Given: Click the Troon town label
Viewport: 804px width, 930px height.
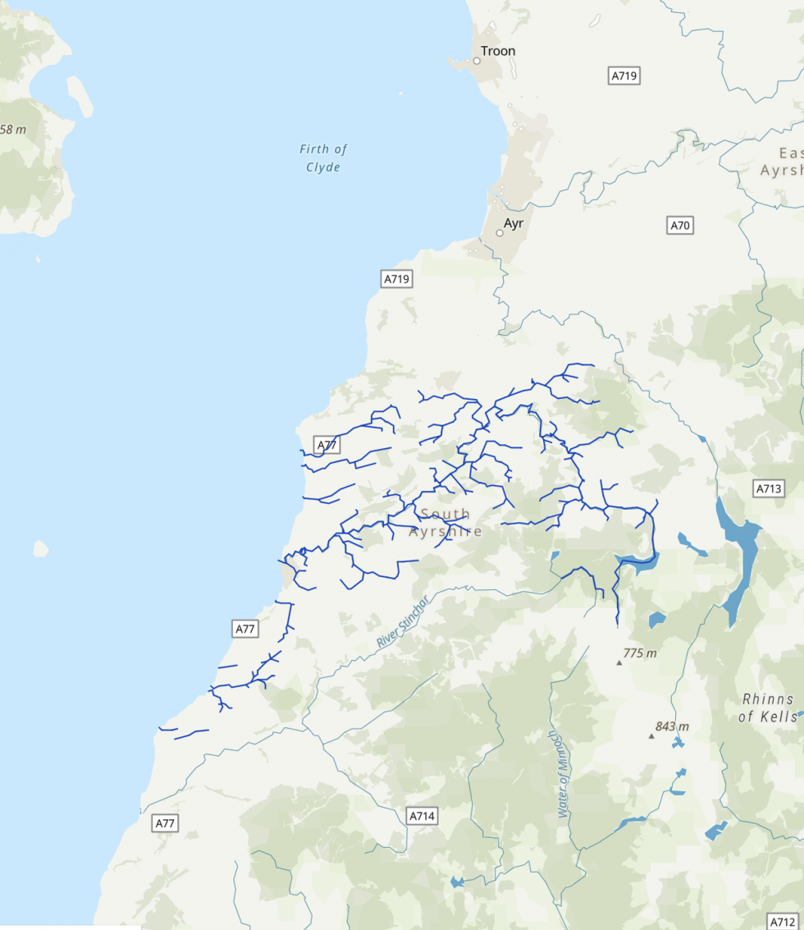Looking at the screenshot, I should [x=498, y=51].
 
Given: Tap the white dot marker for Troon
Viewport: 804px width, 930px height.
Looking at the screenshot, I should [x=477, y=61].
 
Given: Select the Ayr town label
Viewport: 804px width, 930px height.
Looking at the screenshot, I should [x=514, y=223].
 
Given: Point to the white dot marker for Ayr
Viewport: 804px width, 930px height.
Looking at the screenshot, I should [x=500, y=233].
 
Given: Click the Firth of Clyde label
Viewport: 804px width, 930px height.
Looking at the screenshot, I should [x=323, y=158].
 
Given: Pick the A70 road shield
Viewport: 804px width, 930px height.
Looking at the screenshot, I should [x=680, y=225].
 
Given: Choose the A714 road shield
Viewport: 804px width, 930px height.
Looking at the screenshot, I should [x=422, y=816].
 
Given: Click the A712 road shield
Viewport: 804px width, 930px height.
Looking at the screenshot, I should [x=783, y=921].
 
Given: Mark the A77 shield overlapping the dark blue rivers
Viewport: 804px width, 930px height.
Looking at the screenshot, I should [x=327, y=446].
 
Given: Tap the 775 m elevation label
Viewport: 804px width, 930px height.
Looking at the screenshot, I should [x=640, y=653].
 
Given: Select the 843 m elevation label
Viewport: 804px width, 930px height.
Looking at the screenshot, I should [x=672, y=726].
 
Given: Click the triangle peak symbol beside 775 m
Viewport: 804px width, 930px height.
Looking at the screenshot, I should [x=619, y=662].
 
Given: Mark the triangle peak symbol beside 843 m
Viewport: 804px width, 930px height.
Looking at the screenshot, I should [x=651, y=735].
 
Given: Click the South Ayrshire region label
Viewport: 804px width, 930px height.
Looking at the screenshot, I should [x=445, y=523].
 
